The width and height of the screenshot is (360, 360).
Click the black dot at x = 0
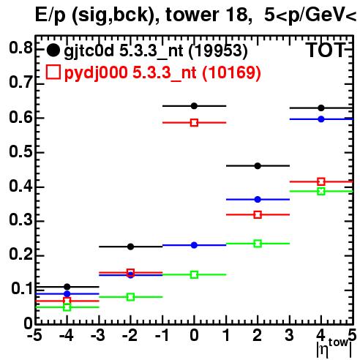(194, 106)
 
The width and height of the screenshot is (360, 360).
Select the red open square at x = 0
(194, 123)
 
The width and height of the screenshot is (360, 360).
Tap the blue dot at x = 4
(321, 119)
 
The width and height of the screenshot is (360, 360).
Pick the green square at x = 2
(258, 244)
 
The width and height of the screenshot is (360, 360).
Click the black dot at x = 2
(258, 166)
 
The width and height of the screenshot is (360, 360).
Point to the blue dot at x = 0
(194, 245)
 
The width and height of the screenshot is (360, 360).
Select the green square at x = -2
(131, 297)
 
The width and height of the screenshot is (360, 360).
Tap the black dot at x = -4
(67, 287)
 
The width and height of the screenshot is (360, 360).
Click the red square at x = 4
(321, 181)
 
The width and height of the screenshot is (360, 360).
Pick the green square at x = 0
(194, 274)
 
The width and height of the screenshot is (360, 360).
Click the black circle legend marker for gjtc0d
(53, 50)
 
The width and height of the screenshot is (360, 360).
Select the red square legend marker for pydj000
(53, 72)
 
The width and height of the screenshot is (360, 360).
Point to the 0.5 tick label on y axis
(20, 151)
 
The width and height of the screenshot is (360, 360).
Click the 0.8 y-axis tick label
(20, 48)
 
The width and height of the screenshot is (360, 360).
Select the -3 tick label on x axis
(98, 335)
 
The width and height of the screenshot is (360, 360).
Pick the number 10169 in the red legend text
(231, 72)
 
